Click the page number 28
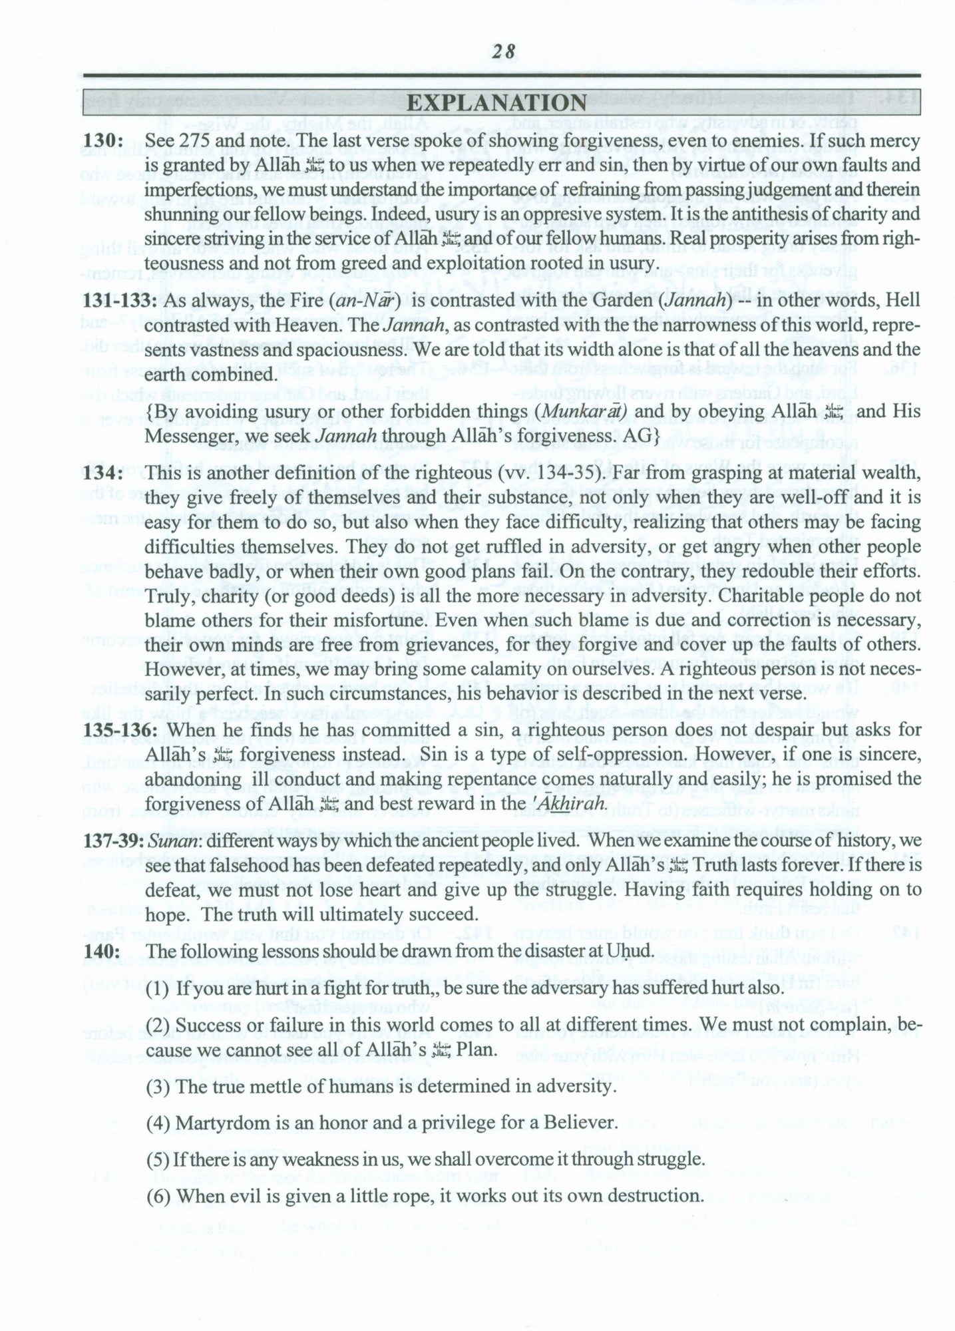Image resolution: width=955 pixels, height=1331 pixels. (504, 51)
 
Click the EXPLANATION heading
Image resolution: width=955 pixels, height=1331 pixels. (496, 103)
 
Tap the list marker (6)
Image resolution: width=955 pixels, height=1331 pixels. (158, 1196)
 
